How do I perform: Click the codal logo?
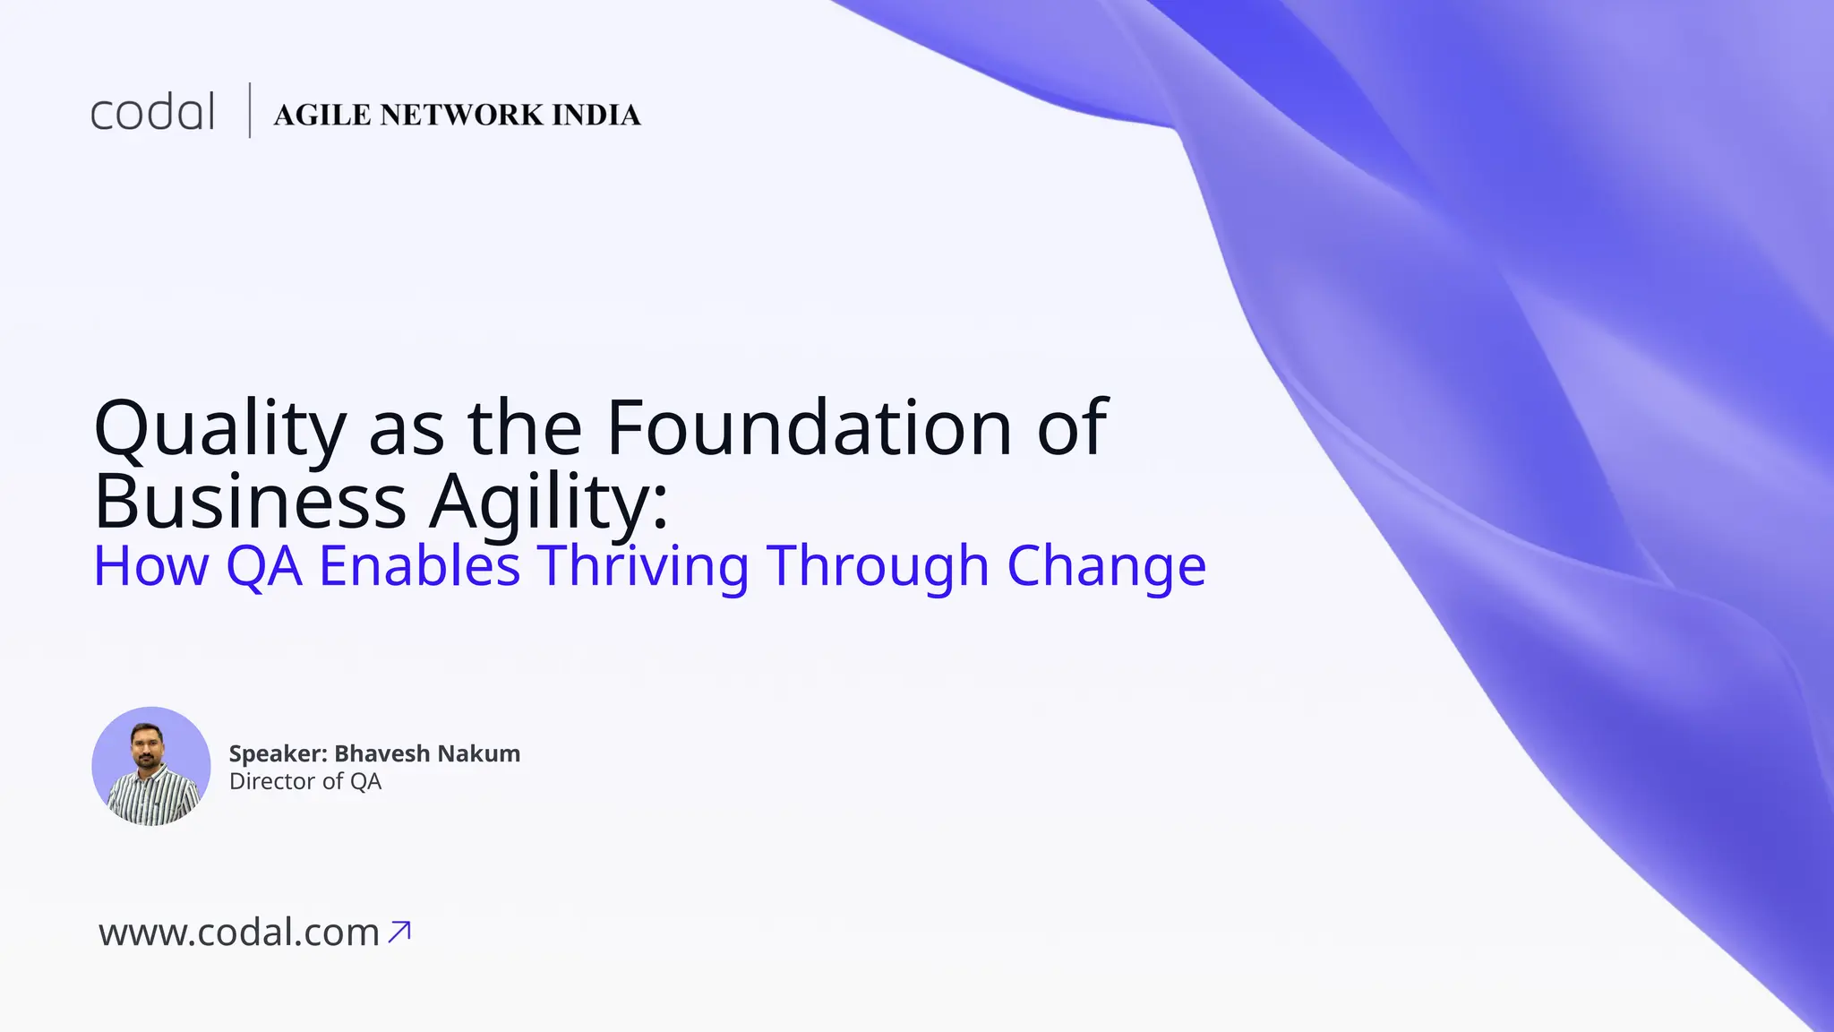(152, 113)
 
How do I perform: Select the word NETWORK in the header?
(461, 116)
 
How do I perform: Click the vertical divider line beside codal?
(249, 111)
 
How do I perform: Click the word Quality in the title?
(219, 428)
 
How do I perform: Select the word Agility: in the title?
(548, 502)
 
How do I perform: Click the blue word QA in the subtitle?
(263, 566)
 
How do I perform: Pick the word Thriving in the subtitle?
(643, 566)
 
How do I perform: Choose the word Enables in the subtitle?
(419, 566)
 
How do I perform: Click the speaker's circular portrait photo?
(151, 766)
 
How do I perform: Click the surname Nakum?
(484, 754)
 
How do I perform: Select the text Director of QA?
(305, 782)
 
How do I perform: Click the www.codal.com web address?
(239, 933)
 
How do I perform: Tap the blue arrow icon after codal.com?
(399, 932)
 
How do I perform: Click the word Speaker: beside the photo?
(278, 754)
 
